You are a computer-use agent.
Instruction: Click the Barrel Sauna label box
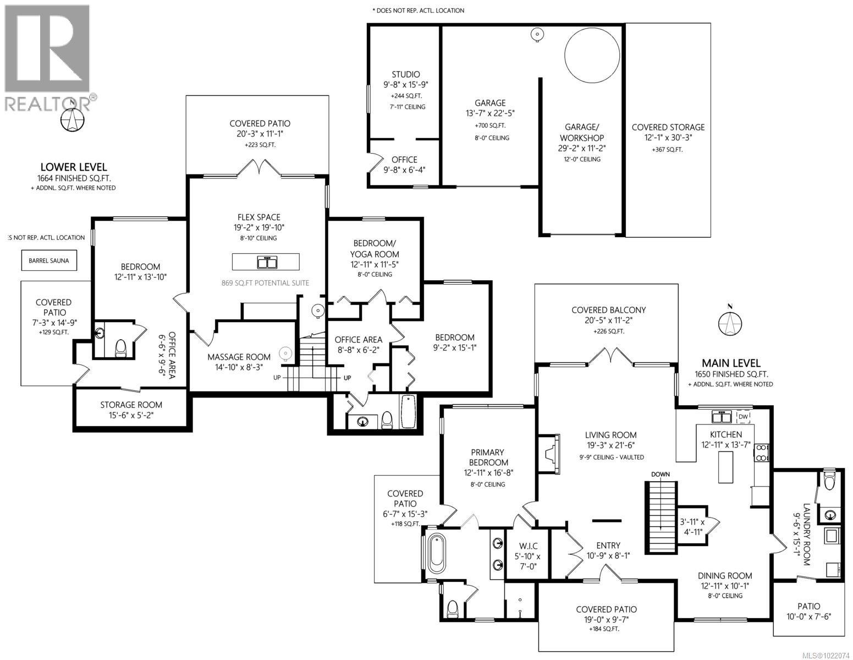49,260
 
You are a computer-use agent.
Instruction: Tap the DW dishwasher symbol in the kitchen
743,417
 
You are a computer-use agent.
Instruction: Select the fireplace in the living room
550,454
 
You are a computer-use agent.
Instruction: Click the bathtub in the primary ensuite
437,554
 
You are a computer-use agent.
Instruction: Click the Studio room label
405,74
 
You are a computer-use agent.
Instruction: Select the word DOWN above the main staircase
660,474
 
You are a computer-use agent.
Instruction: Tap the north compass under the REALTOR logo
72,119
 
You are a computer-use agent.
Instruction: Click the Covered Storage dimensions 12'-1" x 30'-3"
668,138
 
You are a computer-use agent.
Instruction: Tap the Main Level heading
730,363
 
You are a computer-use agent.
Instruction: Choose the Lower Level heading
73,167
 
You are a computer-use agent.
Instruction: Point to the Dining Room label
725,575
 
